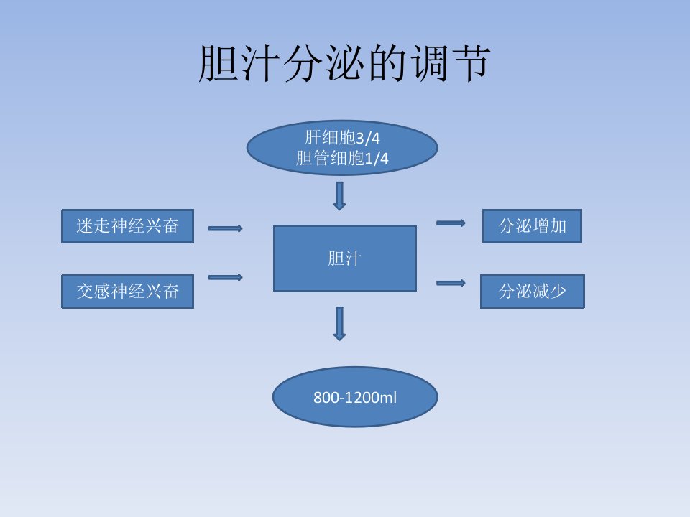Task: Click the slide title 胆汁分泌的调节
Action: [x=344, y=64]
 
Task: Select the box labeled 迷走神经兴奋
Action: [x=128, y=226]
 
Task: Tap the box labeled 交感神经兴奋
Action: [x=128, y=292]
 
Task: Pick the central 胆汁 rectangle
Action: [x=345, y=258]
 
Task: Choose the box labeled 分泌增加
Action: [x=532, y=226]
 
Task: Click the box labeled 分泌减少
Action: [x=533, y=292]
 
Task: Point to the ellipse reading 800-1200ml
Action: [x=355, y=397]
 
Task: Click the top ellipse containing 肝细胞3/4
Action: [x=342, y=148]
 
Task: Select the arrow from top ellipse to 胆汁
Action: [x=339, y=196]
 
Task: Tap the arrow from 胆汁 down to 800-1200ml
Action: [x=339, y=324]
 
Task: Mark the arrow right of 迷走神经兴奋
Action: [x=225, y=228]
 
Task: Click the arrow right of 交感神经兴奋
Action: [x=225, y=277]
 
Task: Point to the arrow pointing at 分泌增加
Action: [x=451, y=223]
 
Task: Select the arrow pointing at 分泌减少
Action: [x=451, y=283]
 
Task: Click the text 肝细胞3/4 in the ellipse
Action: [x=342, y=138]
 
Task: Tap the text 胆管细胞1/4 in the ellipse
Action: [x=342, y=158]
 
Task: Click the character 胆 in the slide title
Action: [x=218, y=64]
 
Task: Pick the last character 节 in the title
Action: [x=471, y=64]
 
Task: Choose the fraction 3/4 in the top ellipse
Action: [x=367, y=139]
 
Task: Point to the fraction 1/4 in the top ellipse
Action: [x=377, y=159]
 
